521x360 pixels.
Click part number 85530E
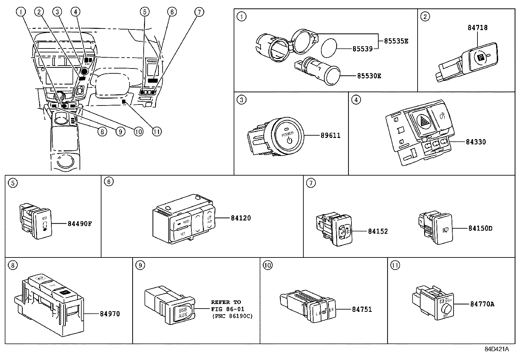369,76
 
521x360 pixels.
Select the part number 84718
477,28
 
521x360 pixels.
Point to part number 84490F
80,224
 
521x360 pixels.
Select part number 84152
378,231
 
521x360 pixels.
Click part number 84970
110,314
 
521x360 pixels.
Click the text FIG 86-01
227,309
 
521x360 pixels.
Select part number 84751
362,309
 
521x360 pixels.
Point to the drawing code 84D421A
497,349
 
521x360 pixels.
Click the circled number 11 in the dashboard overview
157,132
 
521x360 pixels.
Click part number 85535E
396,41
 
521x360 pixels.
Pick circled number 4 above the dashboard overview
75,12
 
